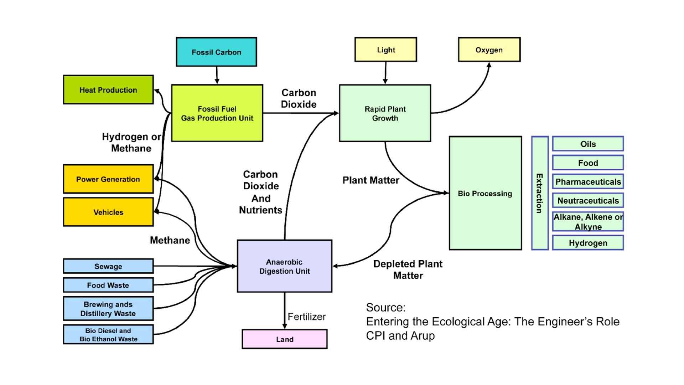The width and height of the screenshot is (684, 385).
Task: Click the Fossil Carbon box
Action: click(216, 52)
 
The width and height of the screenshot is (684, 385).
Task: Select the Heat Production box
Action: click(108, 90)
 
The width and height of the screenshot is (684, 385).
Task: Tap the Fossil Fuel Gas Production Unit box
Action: click(217, 113)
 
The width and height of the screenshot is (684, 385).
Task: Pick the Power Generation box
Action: click(108, 179)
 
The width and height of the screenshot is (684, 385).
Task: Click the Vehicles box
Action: click(108, 212)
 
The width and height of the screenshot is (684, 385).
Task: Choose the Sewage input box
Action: click(108, 266)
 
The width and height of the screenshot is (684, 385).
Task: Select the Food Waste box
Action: click(108, 285)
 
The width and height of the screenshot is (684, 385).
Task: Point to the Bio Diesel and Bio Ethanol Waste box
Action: click(108, 334)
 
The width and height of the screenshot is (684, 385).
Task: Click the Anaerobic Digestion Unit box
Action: click(284, 266)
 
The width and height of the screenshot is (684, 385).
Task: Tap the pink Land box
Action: click(284, 339)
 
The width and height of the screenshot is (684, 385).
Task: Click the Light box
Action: click(385, 50)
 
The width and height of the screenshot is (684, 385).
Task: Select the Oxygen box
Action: click(489, 50)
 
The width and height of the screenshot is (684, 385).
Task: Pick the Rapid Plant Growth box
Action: click(385, 113)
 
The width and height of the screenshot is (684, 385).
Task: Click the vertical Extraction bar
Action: click(539, 193)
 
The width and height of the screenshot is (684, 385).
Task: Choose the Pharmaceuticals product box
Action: click(588, 182)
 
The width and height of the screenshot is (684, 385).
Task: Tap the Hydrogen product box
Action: click(588, 243)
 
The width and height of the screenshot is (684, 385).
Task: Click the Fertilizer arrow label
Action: click(306, 317)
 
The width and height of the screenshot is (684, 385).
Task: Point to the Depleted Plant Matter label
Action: click(408, 269)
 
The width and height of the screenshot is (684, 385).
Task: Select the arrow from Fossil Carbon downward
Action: click(217, 75)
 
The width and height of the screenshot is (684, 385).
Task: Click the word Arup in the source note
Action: click(423, 336)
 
